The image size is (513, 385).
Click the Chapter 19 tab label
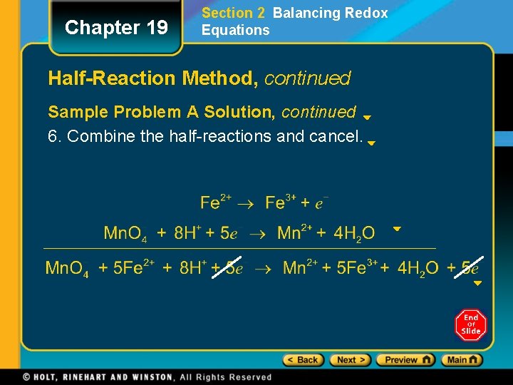coord(116,28)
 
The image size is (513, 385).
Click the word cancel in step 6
coord(339,136)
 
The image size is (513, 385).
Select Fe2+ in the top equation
coord(215,202)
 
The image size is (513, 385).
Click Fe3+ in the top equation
coord(281,202)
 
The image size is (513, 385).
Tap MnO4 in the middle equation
coord(125,233)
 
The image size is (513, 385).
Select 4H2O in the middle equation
coord(354,233)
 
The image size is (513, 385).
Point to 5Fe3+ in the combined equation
coord(355,268)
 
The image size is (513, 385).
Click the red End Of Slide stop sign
coord(470,325)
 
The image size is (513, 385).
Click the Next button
coord(351,360)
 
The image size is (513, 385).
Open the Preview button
coord(405,360)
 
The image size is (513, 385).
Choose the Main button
coord(462,360)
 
